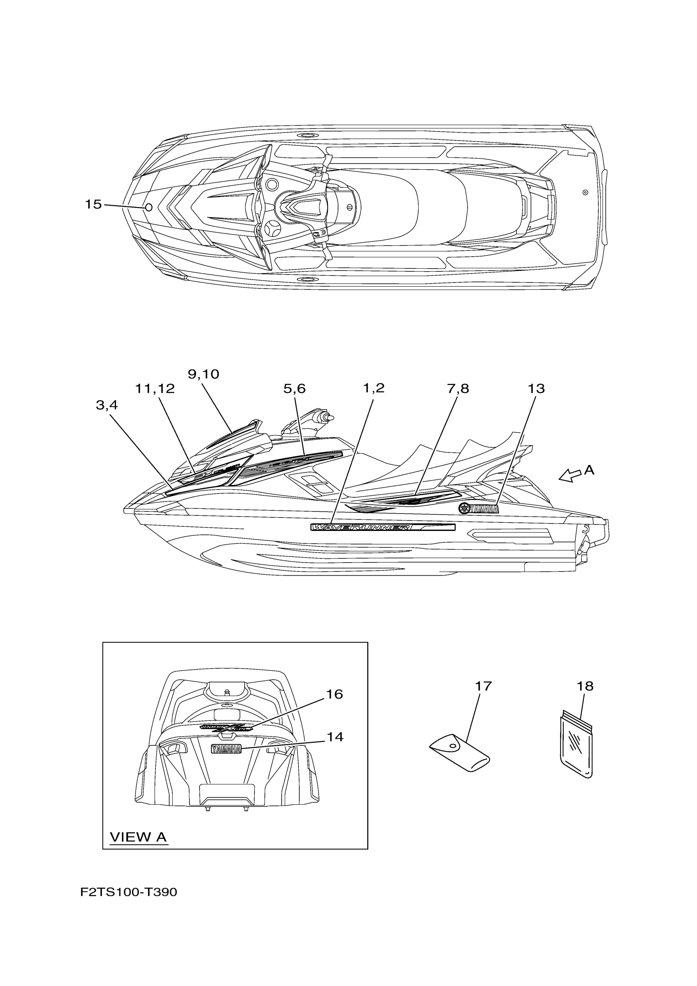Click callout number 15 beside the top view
click(x=93, y=205)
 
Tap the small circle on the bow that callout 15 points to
click(x=149, y=207)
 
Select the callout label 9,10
click(x=203, y=374)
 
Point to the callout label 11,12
click(x=155, y=389)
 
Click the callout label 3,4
click(x=107, y=405)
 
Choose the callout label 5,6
click(x=295, y=389)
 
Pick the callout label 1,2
click(x=374, y=388)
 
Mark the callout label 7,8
click(x=458, y=389)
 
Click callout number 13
click(x=536, y=389)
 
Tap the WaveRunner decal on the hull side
click(x=383, y=527)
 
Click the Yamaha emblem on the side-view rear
click(x=478, y=509)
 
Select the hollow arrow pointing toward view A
click(x=570, y=476)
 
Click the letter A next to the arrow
click(x=589, y=471)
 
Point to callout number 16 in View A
click(x=335, y=695)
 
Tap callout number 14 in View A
click(x=335, y=737)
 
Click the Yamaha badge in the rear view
click(x=226, y=749)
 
